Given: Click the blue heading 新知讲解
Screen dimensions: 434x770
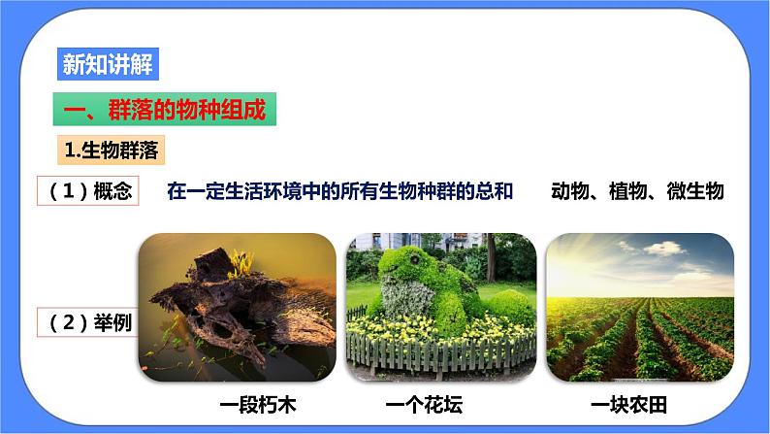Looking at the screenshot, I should (105, 64).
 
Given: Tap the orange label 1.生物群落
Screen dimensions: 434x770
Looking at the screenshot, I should (112, 150).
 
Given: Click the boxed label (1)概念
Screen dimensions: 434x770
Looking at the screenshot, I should (89, 192).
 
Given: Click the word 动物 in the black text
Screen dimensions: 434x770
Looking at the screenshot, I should (570, 191).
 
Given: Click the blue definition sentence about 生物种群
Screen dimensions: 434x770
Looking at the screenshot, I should (338, 191).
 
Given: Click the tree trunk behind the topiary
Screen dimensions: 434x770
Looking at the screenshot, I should (491, 256).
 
